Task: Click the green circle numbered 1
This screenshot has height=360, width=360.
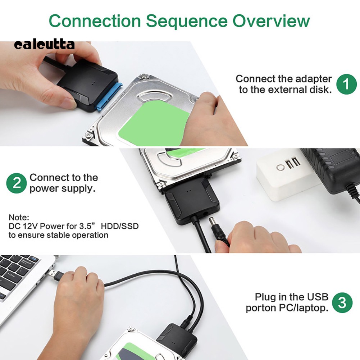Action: tap(346, 84)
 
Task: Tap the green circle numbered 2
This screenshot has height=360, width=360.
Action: tap(17, 183)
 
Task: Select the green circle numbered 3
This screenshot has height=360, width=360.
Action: tap(342, 302)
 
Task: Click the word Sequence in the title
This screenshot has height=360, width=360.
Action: tap(187, 21)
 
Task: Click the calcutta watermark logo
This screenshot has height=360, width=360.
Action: tap(44, 45)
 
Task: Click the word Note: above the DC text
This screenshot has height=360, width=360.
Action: tap(19, 217)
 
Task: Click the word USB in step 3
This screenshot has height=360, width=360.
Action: tap(318, 297)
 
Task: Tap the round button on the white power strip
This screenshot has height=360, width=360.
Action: tap(280, 167)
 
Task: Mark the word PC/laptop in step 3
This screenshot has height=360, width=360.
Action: tap(304, 308)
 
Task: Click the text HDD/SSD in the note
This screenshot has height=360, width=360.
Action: tap(120, 226)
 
